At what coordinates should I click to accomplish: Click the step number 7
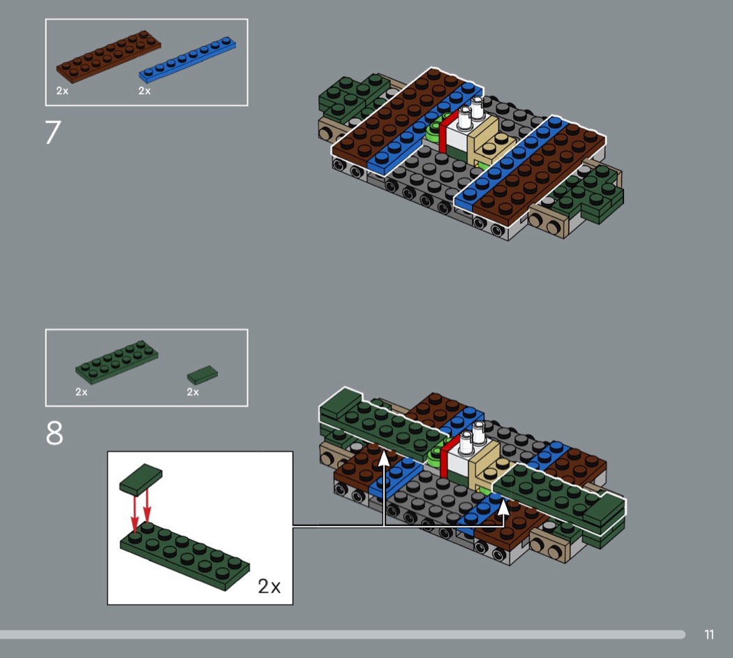tap(53, 132)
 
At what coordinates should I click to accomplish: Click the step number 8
tap(54, 433)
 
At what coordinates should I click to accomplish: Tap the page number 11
tap(709, 635)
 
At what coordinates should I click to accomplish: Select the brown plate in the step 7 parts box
tap(108, 57)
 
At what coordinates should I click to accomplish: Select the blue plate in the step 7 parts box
tap(187, 59)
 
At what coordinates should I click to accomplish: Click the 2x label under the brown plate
tap(62, 91)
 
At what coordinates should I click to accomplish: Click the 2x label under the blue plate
tap(145, 91)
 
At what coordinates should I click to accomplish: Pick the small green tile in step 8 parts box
tap(202, 374)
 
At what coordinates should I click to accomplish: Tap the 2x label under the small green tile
tap(193, 392)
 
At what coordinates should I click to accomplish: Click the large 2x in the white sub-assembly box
tap(269, 587)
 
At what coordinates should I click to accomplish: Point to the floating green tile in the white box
tap(141, 480)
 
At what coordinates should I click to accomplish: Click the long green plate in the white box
tap(185, 556)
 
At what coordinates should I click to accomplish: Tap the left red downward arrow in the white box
tap(135, 513)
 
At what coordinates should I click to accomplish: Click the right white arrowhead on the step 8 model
tap(503, 507)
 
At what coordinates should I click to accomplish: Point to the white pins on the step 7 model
tap(471, 112)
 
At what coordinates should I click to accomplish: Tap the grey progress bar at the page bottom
tap(343, 635)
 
